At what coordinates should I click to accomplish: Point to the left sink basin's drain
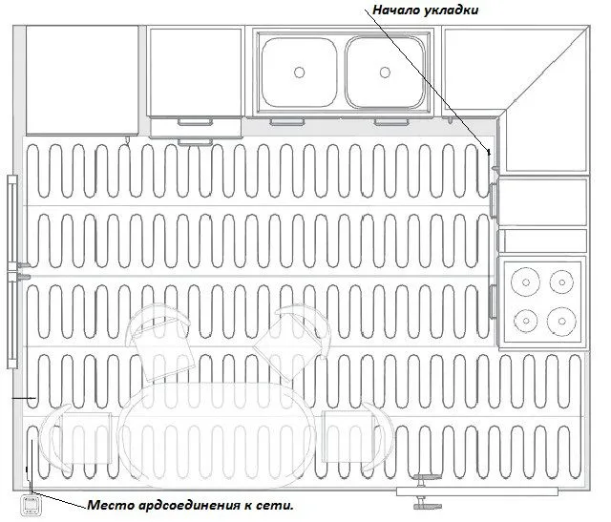point(299,73)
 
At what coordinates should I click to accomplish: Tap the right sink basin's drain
point(385,73)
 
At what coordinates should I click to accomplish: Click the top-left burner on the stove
point(525,282)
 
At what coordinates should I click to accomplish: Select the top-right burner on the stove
point(562,282)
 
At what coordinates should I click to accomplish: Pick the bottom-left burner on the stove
point(526,321)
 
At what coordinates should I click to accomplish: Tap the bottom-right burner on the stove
point(561,321)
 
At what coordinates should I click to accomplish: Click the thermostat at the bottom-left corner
point(30,504)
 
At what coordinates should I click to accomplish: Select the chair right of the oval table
point(356,438)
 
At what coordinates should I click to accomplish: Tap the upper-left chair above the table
point(159,343)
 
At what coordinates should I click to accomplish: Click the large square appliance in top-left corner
point(82,80)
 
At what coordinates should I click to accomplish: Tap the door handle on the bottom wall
point(428,491)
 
